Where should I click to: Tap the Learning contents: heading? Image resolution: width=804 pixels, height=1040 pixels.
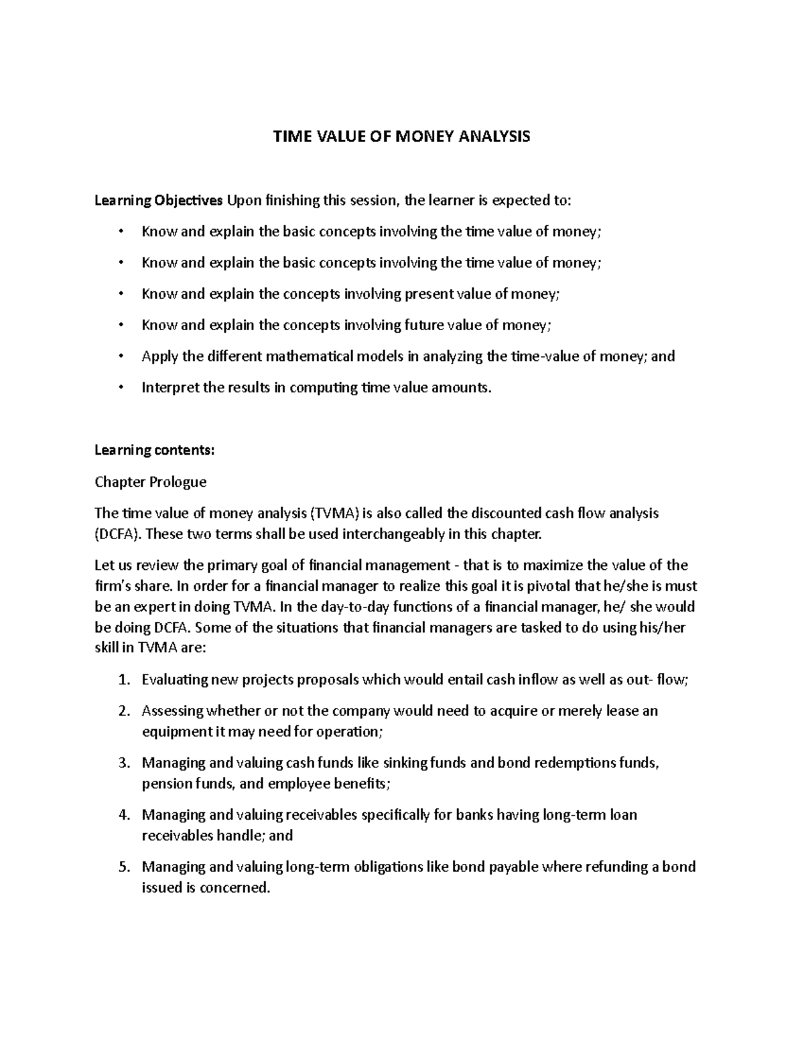coord(155,450)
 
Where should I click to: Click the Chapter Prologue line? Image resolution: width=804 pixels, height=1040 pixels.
coord(151,481)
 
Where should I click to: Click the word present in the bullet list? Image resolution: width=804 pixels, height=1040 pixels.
coord(427,294)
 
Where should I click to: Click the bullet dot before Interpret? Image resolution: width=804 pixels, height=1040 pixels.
coord(121,387)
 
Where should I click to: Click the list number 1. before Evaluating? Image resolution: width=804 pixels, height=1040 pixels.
coord(123,680)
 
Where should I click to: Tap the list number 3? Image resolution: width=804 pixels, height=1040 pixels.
coord(123,763)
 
